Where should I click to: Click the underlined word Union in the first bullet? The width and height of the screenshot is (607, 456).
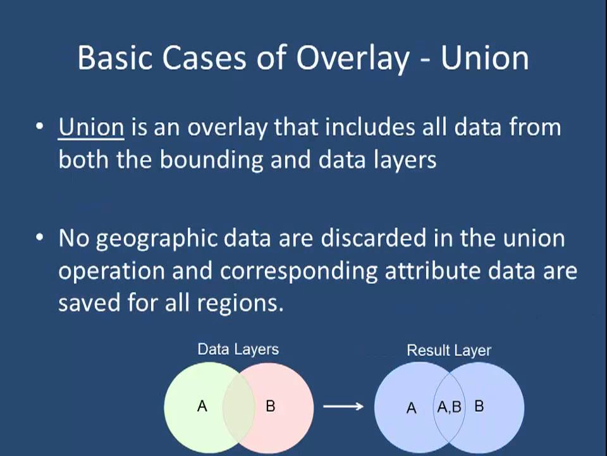click(x=90, y=127)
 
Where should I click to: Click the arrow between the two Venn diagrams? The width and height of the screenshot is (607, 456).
click(x=343, y=406)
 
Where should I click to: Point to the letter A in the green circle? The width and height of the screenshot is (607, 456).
click(x=202, y=406)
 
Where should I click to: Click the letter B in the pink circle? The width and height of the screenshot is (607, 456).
click(x=271, y=406)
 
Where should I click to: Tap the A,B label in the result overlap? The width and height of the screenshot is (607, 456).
click(x=449, y=407)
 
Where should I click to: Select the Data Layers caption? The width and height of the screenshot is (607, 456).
click(x=238, y=349)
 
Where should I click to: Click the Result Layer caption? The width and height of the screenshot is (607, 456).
click(x=449, y=350)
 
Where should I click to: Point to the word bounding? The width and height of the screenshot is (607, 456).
click(x=211, y=160)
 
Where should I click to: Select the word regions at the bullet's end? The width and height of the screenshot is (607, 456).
click(x=240, y=303)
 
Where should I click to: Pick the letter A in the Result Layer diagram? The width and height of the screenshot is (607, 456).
click(x=411, y=408)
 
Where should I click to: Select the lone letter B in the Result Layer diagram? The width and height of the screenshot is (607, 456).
click(x=479, y=406)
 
